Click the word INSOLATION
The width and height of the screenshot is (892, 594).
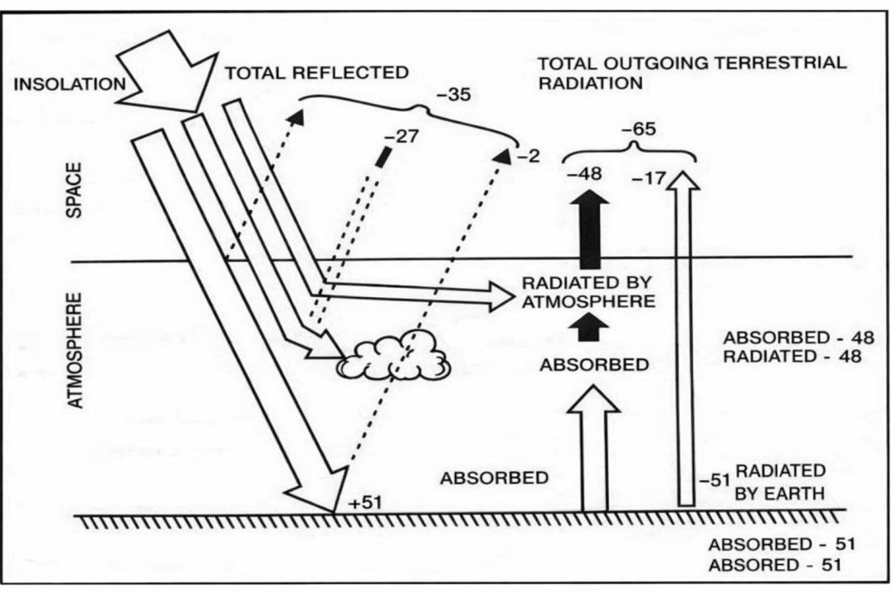tap(68, 83)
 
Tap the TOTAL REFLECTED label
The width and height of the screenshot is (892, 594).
tap(317, 73)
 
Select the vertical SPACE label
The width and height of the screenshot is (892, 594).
tap(76, 190)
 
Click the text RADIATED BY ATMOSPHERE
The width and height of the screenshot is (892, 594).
tap(587, 290)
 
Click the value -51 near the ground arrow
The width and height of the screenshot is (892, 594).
tap(713, 480)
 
